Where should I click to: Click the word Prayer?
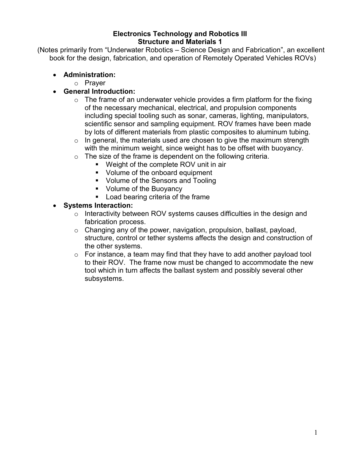pos(95,83)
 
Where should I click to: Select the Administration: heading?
pos(89,75)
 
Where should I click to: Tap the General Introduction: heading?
pos(99,91)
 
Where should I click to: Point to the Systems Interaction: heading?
pos(98,205)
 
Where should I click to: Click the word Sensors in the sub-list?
pos(164,181)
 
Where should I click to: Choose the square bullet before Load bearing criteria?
pos(97,197)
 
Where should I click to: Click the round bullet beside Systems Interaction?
pos(55,206)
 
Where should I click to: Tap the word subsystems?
pos(104,279)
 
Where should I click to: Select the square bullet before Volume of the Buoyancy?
pos(97,189)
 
